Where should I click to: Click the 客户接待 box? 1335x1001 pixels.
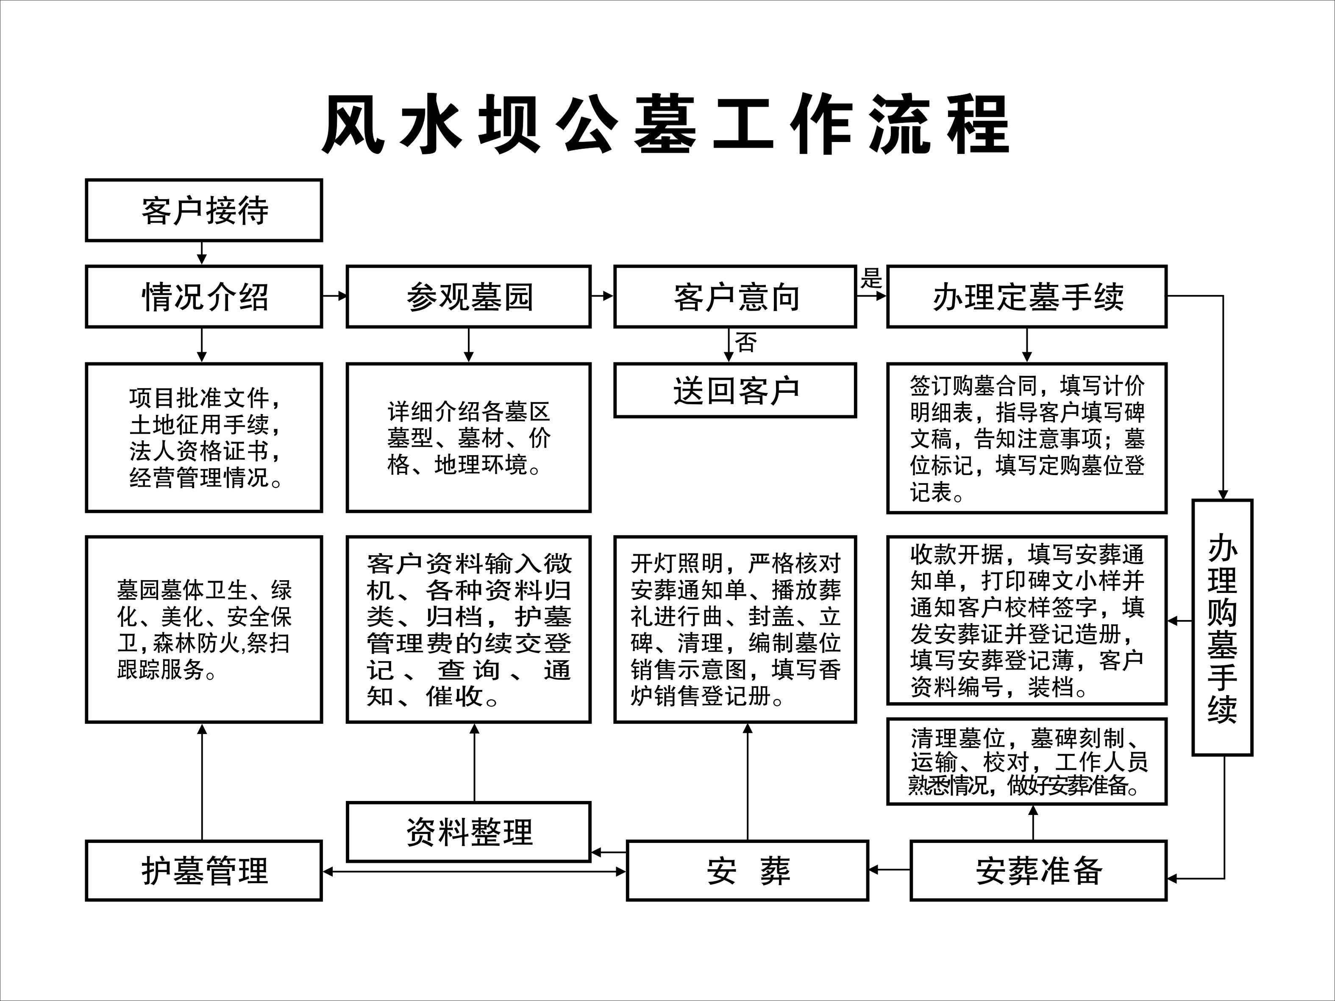tap(204, 210)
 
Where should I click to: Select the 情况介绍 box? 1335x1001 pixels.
tap(204, 296)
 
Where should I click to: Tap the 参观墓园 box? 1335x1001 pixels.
tap(468, 296)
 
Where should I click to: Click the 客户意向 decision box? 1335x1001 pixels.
tap(735, 296)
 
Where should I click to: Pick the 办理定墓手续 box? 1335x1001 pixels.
tap(1026, 296)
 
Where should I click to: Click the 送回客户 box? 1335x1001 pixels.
tap(735, 390)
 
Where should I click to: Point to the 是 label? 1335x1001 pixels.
tap(871, 279)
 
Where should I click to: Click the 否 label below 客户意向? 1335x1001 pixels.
tap(746, 343)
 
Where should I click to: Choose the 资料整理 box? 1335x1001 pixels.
tap(468, 831)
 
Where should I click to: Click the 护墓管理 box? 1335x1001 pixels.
tap(204, 870)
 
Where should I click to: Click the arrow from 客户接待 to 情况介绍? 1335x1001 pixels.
tap(202, 253)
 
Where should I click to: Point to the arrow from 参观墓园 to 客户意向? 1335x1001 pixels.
tap(602, 296)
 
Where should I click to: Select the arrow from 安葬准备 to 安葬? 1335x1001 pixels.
tap(889, 870)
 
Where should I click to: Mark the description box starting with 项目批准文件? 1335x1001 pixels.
tap(204, 437)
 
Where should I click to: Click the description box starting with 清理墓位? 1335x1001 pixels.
tap(1026, 761)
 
